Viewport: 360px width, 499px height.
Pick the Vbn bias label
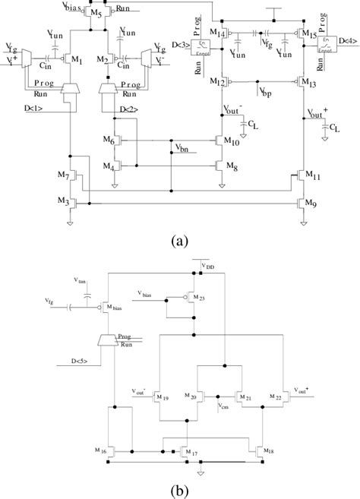tap(182, 148)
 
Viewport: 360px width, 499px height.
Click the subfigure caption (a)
tap(180, 241)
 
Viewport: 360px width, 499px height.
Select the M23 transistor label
tap(200, 297)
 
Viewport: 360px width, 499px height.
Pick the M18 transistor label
tap(267, 453)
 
